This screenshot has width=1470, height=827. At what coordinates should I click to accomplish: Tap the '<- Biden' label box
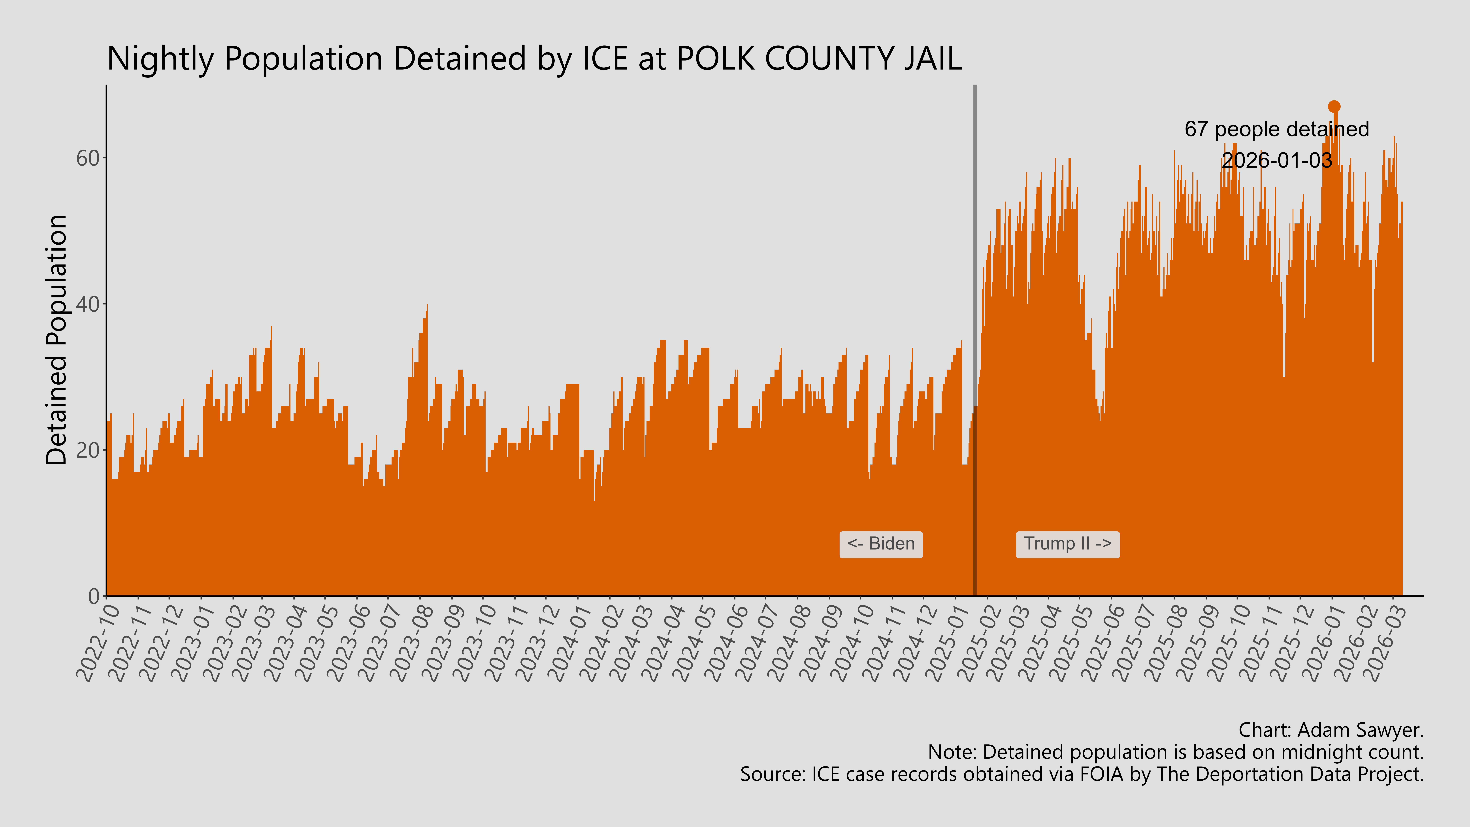(880, 544)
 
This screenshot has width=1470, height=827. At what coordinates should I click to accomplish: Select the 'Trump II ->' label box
(1067, 544)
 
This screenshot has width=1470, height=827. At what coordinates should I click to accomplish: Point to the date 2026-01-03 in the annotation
(1277, 160)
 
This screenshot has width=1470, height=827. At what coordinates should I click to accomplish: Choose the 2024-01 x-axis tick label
(571, 642)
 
